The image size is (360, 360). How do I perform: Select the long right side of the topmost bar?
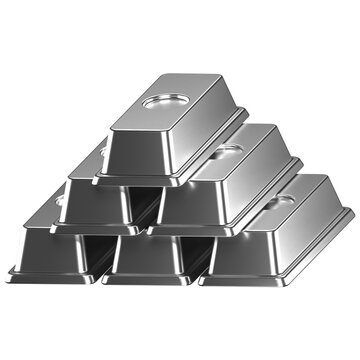click(x=205, y=140)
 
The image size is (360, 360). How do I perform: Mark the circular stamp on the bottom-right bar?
click(x=284, y=200)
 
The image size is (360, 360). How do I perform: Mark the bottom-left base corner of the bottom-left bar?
click(x=10, y=271)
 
